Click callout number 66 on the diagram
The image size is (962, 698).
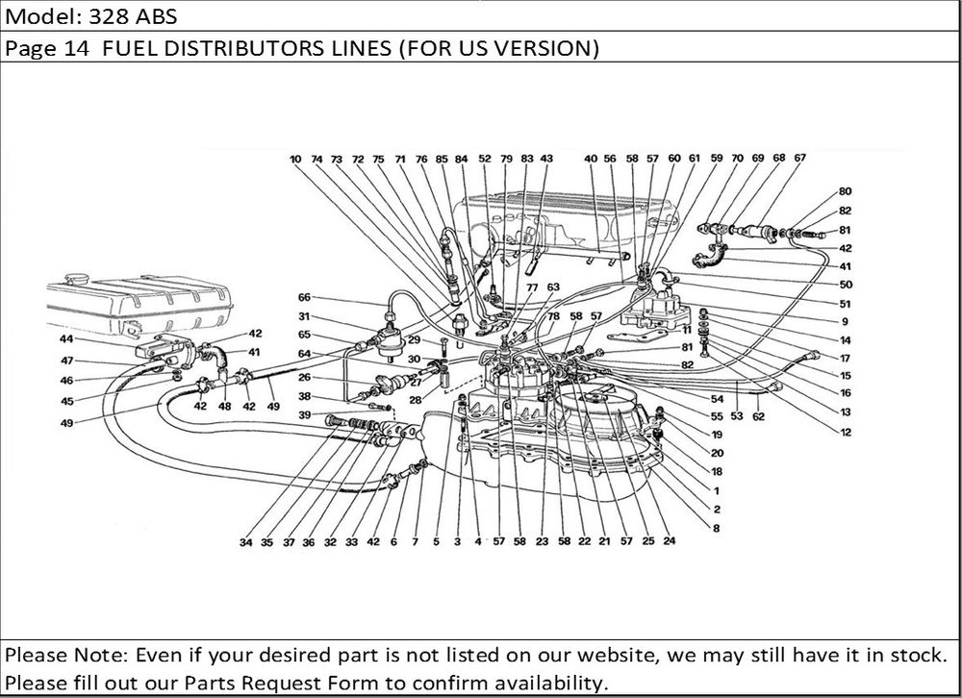click(x=304, y=297)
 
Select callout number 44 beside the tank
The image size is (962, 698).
click(x=67, y=340)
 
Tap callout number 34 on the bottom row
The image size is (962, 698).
click(x=247, y=542)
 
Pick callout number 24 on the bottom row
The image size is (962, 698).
click(x=670, y=541)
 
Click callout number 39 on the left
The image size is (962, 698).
click(x=304, y=414)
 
